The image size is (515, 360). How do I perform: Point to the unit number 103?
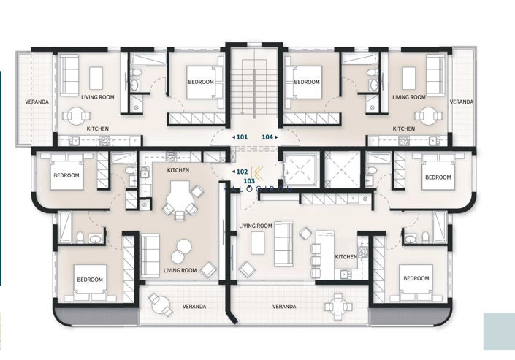[248, 180]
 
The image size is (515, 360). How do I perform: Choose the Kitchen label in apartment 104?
[404, 129]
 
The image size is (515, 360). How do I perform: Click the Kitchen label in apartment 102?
[178, 170]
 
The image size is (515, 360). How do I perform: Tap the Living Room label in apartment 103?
[256, 226]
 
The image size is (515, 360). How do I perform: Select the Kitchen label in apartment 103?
[346, 257]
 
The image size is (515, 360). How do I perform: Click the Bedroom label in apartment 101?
[200, 83]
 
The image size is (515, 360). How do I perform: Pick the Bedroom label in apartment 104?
[308, 83]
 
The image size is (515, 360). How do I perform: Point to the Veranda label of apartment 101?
[37, 102]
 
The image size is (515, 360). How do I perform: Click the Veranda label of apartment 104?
[461, 102]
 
